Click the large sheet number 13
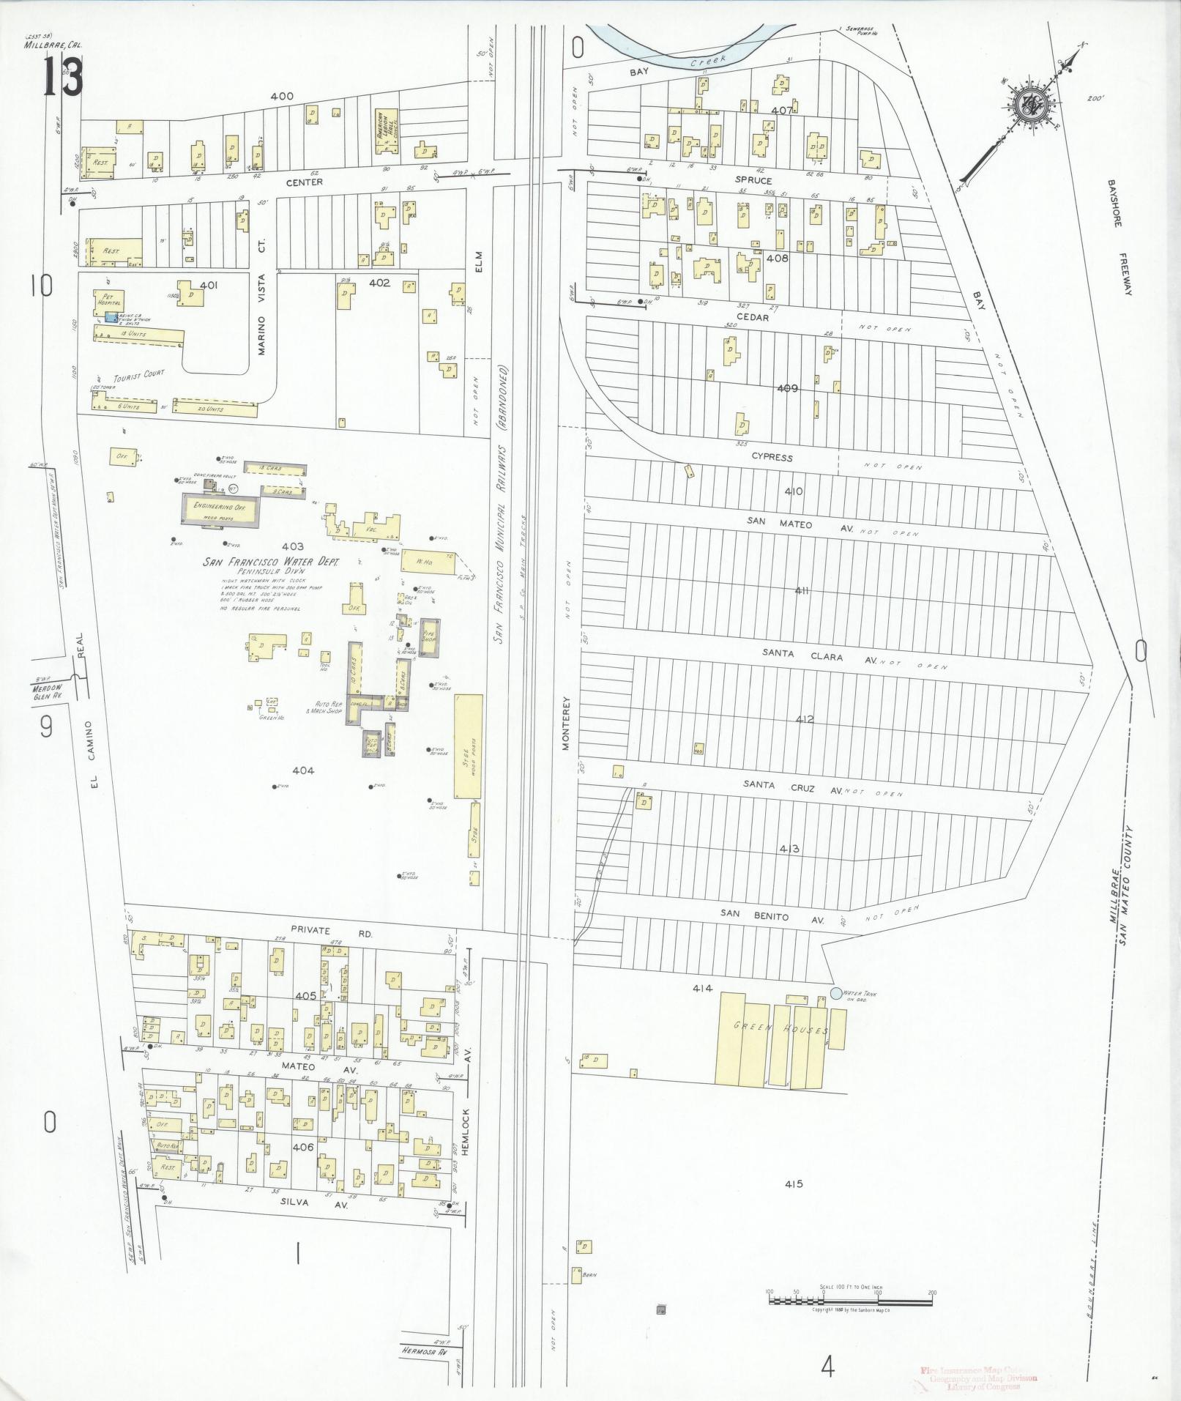click(62, 78)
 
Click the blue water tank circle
click(836, 993)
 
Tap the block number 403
click(292, 546)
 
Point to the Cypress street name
click(772, 457)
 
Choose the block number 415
click(793, 1183)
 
